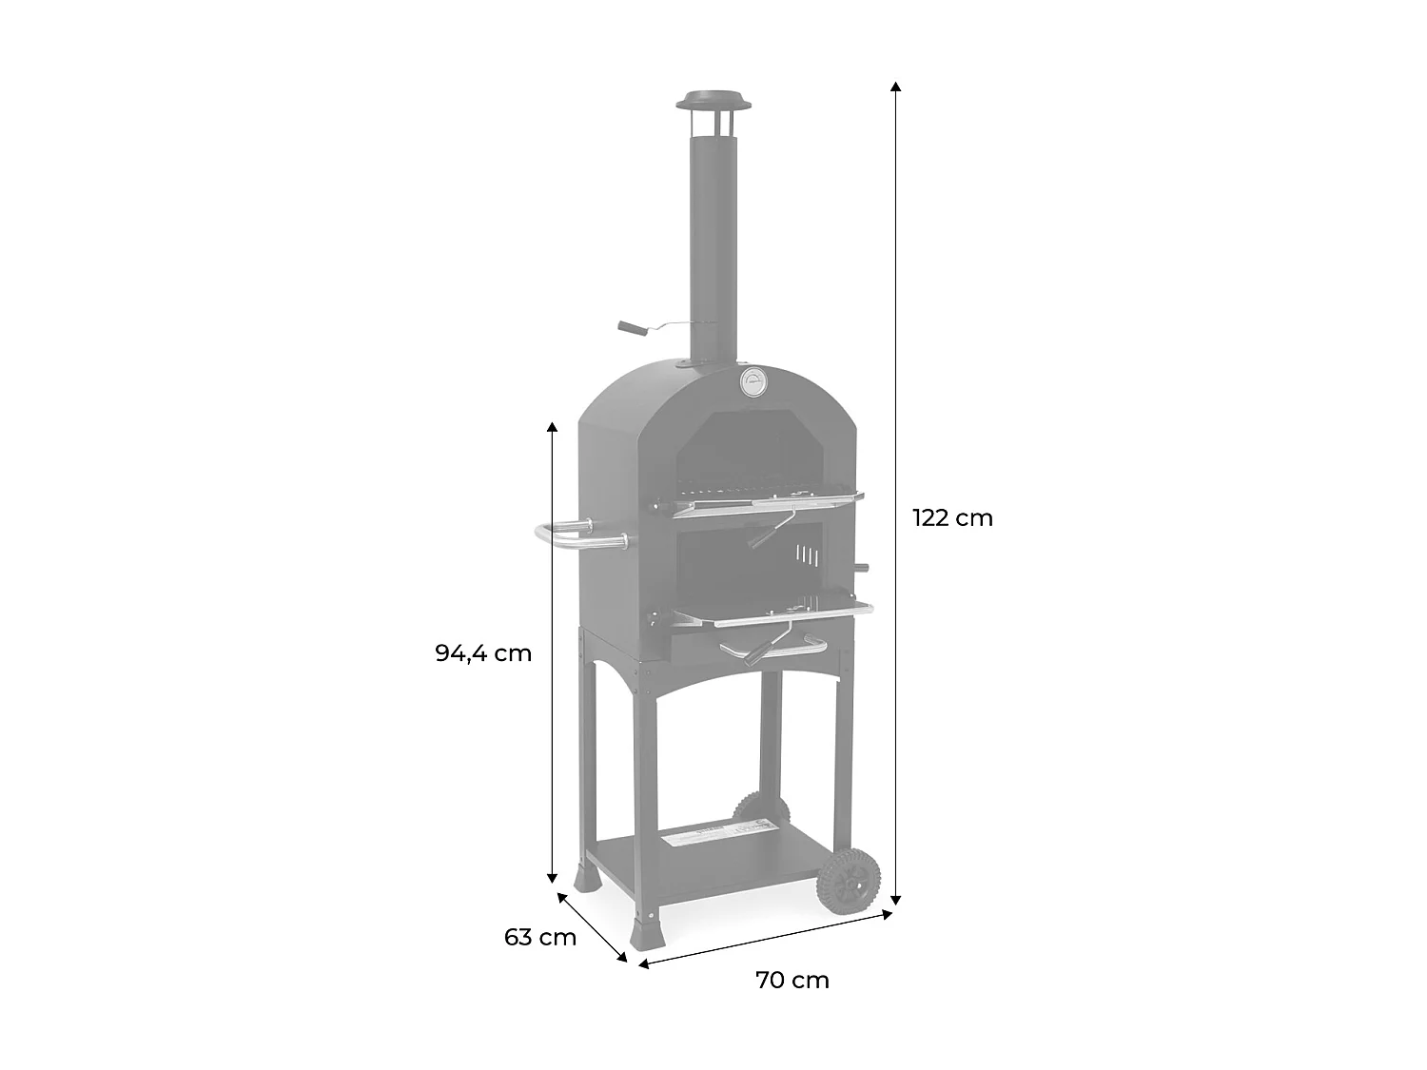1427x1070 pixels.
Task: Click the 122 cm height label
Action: click(952, 517)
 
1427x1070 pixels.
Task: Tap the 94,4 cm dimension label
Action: click(483, 652)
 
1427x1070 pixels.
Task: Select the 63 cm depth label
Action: click(540, 937)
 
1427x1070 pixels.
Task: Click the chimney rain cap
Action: click(713, 103)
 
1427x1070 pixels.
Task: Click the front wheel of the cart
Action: click(849, 883)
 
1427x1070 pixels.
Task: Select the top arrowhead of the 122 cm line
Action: click(896, 87)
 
